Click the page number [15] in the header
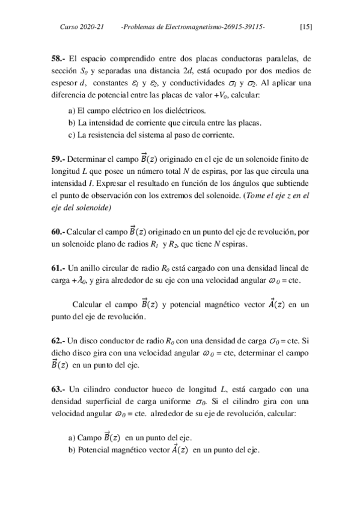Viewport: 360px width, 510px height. click(305, 27)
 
